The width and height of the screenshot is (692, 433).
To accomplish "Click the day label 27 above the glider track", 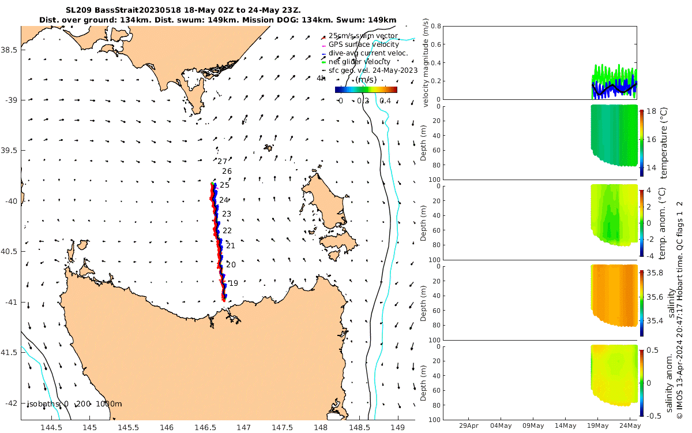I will [223, 162].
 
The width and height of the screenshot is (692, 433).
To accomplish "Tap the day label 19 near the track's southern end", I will [234, 283].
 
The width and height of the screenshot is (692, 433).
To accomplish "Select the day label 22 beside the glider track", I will [227, 230].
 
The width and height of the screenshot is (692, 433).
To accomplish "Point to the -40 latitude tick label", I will [10, 201].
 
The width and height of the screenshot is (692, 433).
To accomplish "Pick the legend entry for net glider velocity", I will [359, 62].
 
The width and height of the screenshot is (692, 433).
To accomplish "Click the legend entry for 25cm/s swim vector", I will [363, 36].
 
